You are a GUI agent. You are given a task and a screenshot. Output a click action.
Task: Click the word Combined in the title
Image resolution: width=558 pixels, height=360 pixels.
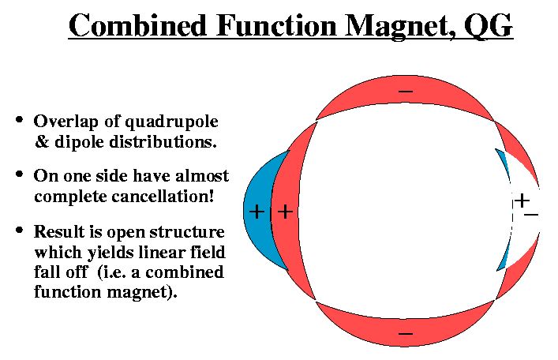point(137,25)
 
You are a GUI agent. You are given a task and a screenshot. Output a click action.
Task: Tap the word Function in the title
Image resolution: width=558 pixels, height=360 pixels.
point(276,25)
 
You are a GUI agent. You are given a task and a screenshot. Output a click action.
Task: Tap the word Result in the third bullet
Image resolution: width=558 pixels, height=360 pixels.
point(59,232)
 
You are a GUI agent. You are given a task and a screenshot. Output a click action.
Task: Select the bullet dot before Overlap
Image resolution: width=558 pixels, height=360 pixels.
point(20,119)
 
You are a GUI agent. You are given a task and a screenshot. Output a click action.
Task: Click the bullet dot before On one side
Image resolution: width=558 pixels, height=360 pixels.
point(20,174)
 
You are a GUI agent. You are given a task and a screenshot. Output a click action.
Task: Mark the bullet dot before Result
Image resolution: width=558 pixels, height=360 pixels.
point(20,230)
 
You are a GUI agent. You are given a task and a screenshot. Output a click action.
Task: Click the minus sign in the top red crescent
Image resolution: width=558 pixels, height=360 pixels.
point(406,92)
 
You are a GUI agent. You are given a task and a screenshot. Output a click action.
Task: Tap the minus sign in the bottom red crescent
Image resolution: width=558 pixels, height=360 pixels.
point(406,334)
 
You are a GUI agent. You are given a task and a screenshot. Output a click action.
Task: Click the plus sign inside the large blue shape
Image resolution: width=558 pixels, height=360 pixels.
point(257,212)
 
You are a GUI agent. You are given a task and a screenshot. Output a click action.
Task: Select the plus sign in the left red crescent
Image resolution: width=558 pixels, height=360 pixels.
point(285,212)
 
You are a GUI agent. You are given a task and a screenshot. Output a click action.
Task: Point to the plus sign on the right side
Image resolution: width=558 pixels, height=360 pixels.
point(522,201)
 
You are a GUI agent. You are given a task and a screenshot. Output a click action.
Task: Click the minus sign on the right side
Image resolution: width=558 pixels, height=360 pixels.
point(531,215)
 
